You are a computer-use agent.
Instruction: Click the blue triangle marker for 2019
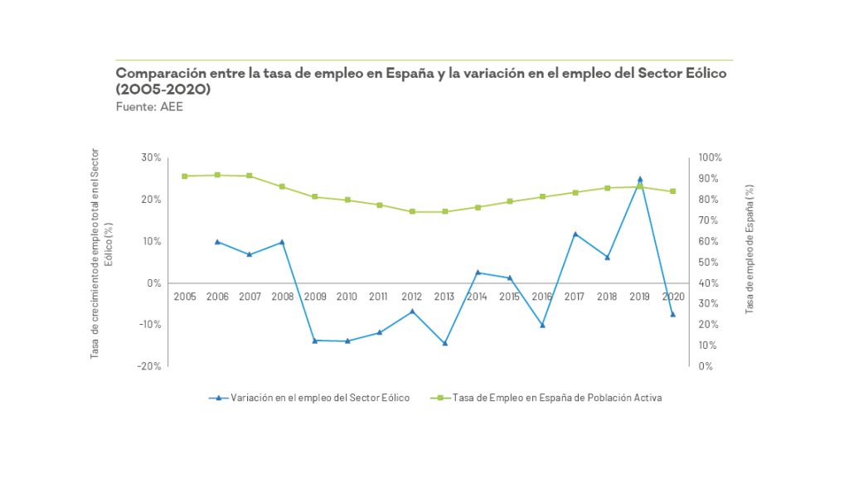[x=640, y=179]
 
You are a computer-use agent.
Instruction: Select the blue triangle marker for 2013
[x=445, y=343]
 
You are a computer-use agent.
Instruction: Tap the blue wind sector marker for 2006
[x=217, y=242]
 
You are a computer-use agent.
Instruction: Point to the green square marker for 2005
[x=185, y=176]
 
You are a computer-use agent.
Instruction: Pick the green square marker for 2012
[x=412, y=212]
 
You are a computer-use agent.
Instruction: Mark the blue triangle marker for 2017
[x=575, y=234]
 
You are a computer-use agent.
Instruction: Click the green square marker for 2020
[x=672, y=191]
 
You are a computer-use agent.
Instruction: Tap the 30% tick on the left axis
[x=151, y=157]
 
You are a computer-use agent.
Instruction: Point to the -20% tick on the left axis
[x=149, y=365]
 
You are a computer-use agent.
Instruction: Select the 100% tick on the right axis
[x=711, y=157]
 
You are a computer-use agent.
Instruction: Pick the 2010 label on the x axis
[x=347, y=296]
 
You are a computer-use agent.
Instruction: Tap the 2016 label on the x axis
[x=542, y=296]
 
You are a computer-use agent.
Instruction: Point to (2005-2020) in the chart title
[x=163, y=89]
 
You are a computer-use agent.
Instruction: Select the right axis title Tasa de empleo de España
[x=750, y=249]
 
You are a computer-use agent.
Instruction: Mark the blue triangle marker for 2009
[x=315, y=341]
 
